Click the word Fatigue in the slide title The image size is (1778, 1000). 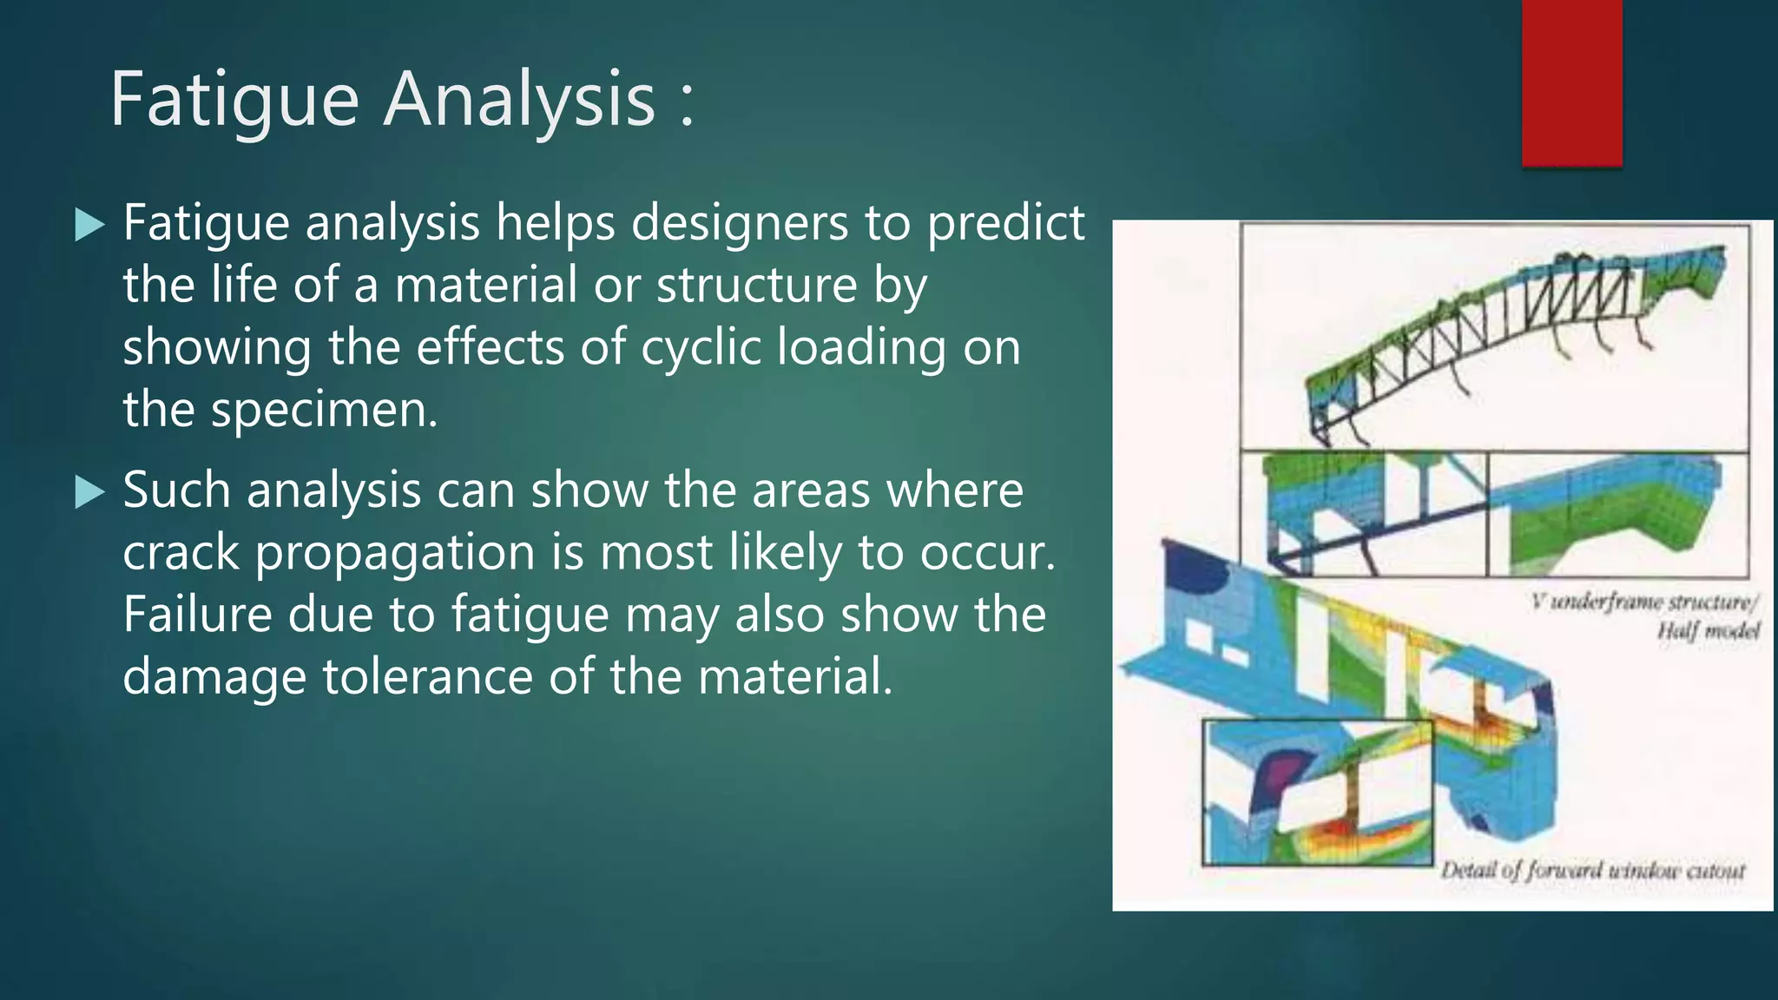pyautogui.click(x=234, y=101)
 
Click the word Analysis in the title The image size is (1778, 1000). pyautogui.click(x=519, y=101)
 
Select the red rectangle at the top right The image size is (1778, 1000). pyautogui.click(x=1571, y=82)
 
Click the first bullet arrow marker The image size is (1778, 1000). pyautogui.click(x=89, y=225)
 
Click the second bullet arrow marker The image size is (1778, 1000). pyautogui.click(x=89, y=492)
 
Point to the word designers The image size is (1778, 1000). pyautogui.click(x=739, y=223)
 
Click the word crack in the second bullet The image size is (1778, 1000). pyautogui.click(x=181, y=552)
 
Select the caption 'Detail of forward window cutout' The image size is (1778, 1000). pyautogui.click(x=1592, y=871)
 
